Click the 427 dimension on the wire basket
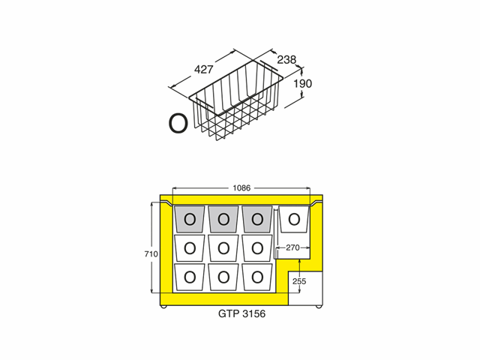point(203,70)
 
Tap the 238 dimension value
point(286,60)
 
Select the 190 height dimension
point(303,83)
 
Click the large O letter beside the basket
point(178,123)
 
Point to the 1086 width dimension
point(241,188)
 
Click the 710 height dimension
point(151,254)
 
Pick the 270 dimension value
point(292,247)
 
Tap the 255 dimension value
point(299,281)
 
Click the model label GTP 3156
point(241,313)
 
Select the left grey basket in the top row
point(190,219)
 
